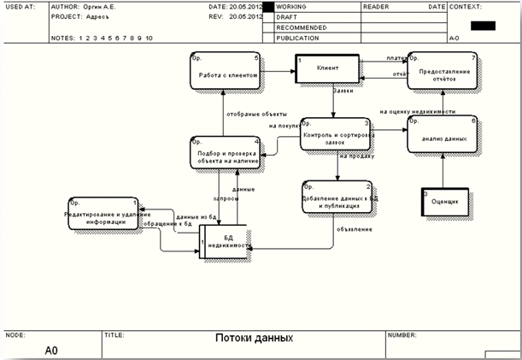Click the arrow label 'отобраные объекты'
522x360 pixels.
coord(253,114)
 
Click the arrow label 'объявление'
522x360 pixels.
coord(353,228)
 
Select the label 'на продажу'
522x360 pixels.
coord(355,156)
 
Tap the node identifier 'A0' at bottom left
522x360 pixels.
coord(52,350)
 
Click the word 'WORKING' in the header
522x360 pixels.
coord(291,6)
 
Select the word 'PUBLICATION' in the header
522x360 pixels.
coord(298,38)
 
